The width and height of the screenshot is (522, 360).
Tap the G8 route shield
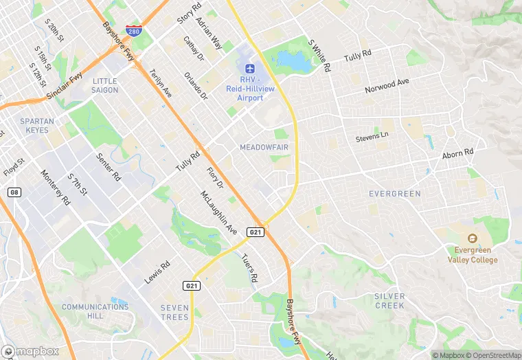click(x=14, y=192)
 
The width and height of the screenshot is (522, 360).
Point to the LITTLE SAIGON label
click(x=104, y=85)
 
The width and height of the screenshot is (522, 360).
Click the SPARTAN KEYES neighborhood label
click(x=37, y=126)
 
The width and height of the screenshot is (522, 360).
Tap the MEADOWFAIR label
click(x=263, y=148)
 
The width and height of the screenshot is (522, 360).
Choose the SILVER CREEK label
click(x=389, y=300)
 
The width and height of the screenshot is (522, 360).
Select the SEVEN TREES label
click(x=174, y=312)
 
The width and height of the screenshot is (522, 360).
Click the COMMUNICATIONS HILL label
click(x=95, y=311)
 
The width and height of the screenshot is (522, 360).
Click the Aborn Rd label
click(x=458, y=153)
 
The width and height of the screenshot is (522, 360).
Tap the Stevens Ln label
click(x=372, y=137)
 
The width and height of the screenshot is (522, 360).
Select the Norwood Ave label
click(x=387, y=85)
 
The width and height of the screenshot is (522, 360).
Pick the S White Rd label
click(x=320, y=55)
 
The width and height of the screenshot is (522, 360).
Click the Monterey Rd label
click(x=56, y=188)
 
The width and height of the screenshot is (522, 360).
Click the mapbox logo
click(x=31, y=350)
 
